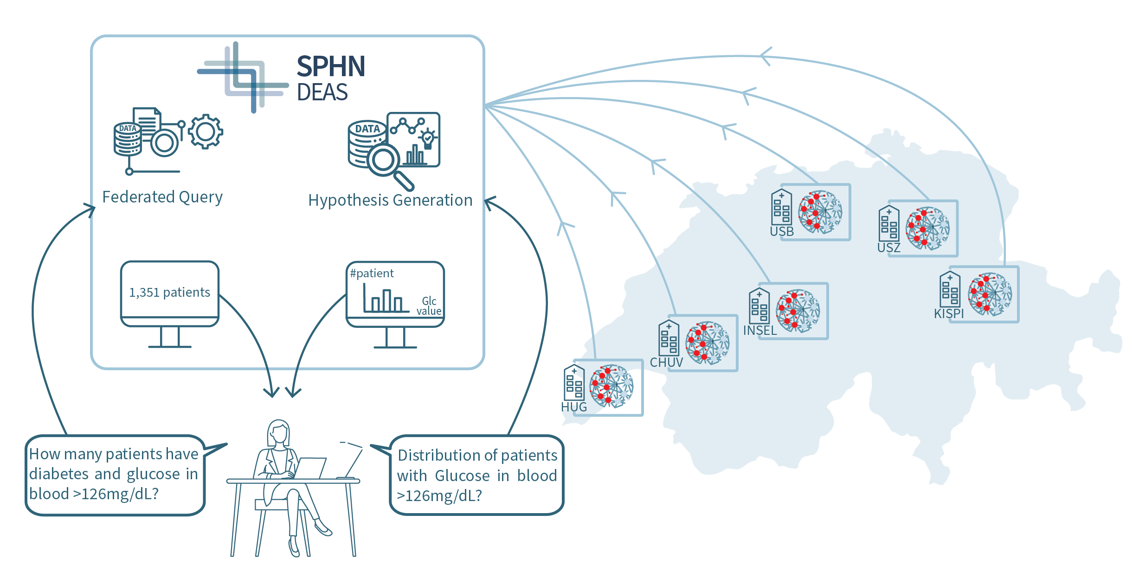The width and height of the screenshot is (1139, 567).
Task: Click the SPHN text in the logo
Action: [x=330, y=66]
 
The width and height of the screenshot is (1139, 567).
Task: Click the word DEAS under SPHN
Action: [x=322, y=92]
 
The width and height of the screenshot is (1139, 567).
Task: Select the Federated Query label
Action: [x=162, y=197]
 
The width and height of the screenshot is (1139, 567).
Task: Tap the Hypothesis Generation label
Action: [x=390, y=200]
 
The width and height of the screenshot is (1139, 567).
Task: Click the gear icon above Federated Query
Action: [x=206, y=132]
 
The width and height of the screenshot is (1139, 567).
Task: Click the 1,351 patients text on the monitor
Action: [x=169, y=292]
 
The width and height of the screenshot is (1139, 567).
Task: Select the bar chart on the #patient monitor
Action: [x=383, y=300]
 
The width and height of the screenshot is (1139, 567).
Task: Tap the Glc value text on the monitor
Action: [x=429, y=306]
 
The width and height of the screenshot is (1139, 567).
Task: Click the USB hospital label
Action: [x=782, y=231]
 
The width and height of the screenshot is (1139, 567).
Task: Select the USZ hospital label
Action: [x=888, y=248]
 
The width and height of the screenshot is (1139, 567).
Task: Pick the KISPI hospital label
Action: [x=949, y=314]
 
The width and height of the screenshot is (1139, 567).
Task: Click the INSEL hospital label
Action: [x=759, y=330]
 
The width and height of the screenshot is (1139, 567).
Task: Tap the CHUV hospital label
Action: [x=666, y=362]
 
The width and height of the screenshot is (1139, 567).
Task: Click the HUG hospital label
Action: [x=574, y=407]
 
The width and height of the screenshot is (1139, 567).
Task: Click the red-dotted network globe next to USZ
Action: [x=927, y=228]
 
